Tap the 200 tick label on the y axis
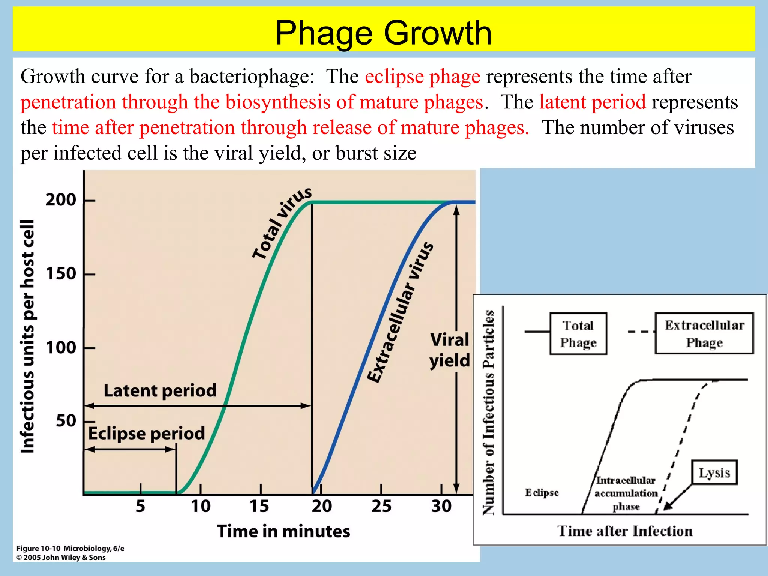(61, 200)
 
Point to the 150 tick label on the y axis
(61, 274)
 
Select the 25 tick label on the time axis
(381, 506)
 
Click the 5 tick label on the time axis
(140, 506)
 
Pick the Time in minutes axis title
(283, 531)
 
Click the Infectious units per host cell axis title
(28, 336)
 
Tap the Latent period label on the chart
(160, 390)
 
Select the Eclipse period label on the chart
(147, 433)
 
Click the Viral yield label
(449, 350)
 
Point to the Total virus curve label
(281, 223)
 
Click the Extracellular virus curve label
(400, 312)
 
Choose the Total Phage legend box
(578, 333)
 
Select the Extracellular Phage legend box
(704, 333)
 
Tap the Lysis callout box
(714, 472)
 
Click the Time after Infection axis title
(625, 531)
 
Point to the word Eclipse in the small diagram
(541, 492)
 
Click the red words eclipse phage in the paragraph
(423, 76)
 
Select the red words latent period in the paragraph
(592, 102)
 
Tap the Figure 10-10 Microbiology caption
(70, 549)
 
